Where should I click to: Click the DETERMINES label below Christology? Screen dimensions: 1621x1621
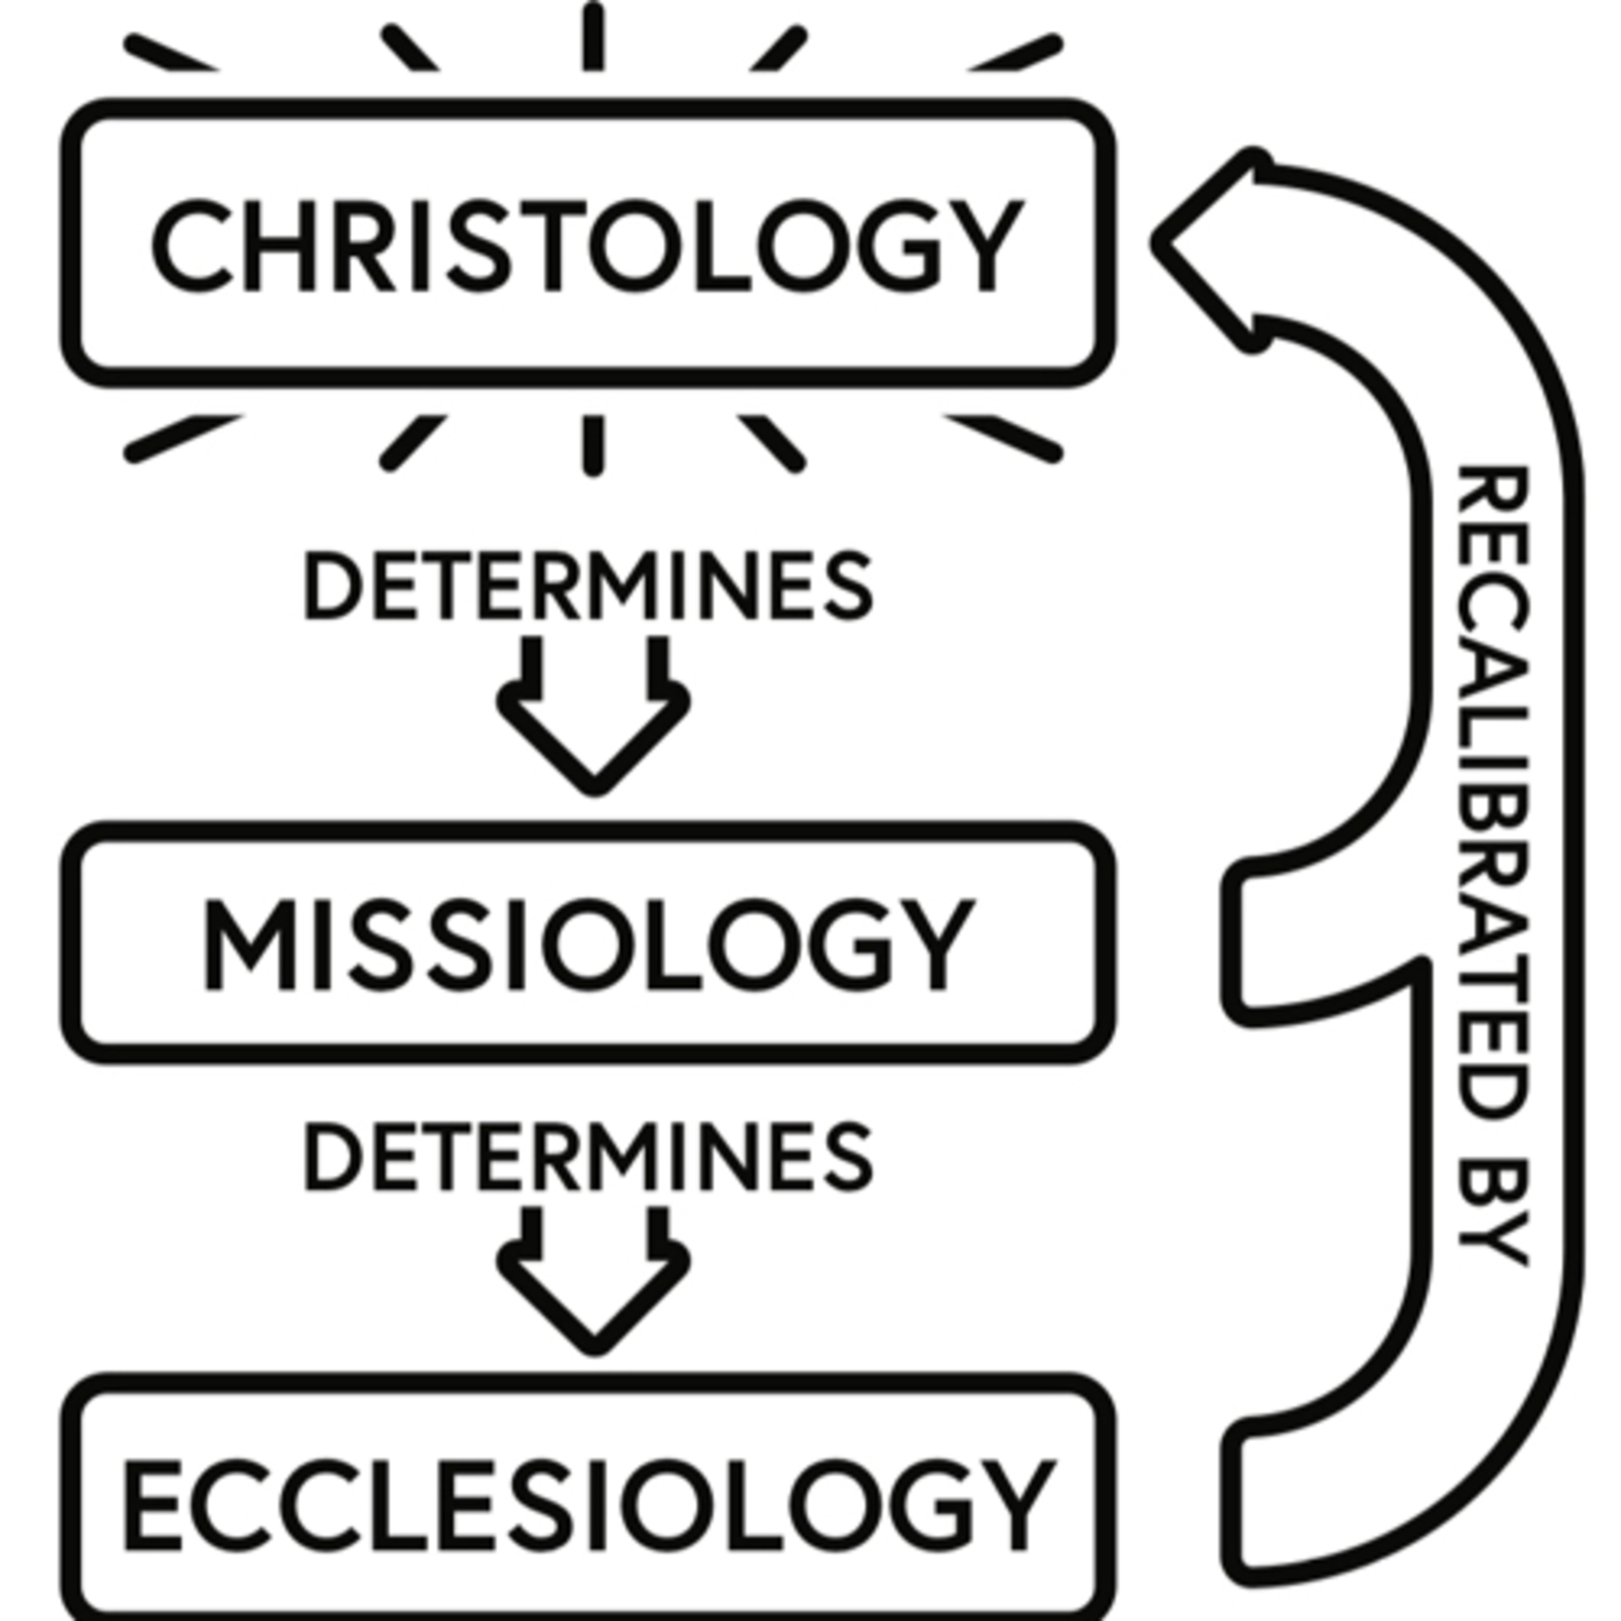click(587, 586)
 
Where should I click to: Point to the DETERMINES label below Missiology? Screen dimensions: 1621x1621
click(587, 1156)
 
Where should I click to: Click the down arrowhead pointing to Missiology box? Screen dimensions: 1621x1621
click(594, 738)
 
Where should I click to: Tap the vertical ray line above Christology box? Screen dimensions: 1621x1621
click(593, 38)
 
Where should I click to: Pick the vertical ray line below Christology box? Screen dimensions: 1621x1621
click(593, 445)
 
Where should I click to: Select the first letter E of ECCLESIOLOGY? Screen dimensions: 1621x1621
click(153, 1505)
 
